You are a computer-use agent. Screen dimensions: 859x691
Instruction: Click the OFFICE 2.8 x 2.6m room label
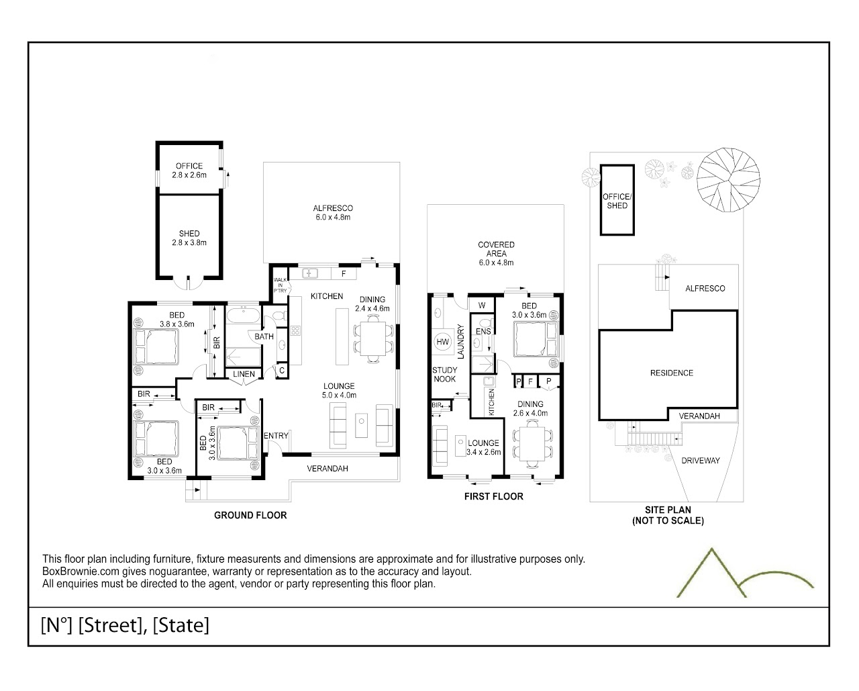point(189,170)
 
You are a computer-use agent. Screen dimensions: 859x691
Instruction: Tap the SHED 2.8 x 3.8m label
point(189,238)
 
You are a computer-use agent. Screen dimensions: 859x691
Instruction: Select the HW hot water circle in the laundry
point(443,342)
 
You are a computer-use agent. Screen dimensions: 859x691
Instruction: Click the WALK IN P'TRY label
point(281,285)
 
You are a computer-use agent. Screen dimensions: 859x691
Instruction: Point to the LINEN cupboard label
point(244,374)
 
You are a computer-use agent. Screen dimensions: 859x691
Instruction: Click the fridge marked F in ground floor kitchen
point(344,274)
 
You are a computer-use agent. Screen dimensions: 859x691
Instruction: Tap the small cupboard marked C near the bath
point(282,370)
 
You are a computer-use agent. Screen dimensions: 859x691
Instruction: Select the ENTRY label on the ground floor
point(276,435)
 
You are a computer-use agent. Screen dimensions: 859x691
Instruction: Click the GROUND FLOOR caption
point(250,515)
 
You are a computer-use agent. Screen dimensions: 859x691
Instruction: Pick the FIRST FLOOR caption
point(494,496)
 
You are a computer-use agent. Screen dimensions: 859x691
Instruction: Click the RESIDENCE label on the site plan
point(671,373)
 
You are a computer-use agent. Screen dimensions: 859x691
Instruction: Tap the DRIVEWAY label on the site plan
point(701,461)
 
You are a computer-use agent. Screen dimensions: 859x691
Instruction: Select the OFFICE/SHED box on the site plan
point(617,200)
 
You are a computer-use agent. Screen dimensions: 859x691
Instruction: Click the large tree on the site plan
point(729,180)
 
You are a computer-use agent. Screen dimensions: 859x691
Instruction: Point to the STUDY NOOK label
point(444,375)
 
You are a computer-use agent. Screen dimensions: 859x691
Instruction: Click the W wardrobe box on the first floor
point(482,306)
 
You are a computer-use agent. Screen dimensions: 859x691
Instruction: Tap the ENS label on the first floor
point(483,332)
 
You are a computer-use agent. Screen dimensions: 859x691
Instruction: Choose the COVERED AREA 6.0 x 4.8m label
point(496,254)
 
